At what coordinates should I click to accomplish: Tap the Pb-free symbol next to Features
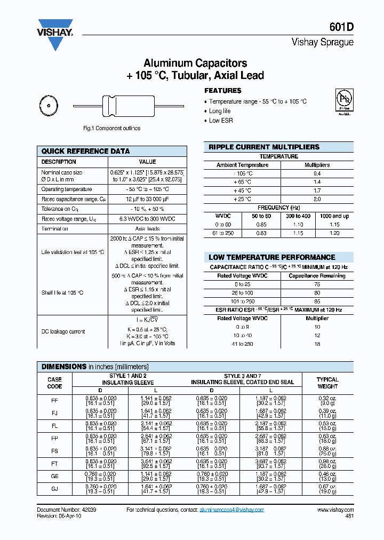click(x=344, y=101)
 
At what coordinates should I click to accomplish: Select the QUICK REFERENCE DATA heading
click(x=85, y=151)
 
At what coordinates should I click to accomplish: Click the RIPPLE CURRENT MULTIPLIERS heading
click(x=263, y=147)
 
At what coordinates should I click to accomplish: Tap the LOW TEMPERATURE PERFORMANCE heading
click(x=271, y=257)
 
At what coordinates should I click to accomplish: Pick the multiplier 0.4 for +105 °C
click(x=317, y=173)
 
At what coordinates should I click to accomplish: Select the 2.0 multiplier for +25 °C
click(x=317, y=199)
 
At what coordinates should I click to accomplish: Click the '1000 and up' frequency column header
click(x=334, y=216)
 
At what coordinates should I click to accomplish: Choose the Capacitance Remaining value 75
click(x=317, y=284)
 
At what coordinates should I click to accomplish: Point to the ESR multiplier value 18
click(x=317, y=344)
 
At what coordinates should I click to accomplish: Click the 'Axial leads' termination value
click(x=147, y=228)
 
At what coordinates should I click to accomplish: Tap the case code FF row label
click(x=54, y=401)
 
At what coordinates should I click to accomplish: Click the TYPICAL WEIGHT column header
click(x=327, y=383)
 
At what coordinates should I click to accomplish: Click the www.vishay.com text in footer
click(x=335, y=510)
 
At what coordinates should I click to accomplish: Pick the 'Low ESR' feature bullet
click(x=221, y=121)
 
